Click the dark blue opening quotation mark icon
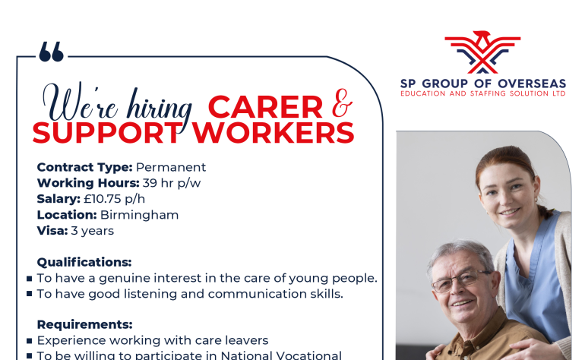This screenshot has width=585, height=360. pyautogui.click(x=52, y=52)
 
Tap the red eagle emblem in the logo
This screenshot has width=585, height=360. pyautogui.click(x=482, y=52)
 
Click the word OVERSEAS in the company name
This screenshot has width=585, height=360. pyautogui.click(x=532, y=84)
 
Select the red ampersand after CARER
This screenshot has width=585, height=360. pyautogui.click(x=342, y=103)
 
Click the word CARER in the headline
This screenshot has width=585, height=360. pyautogui.click(x=265, y=107)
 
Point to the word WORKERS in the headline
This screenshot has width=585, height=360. pyautogui.click(x=273, y=133)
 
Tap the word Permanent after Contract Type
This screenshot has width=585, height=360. pyautogui.click(x=171, y=167)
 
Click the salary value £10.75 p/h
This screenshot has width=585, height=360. pyautogui.click(x=114, y=199)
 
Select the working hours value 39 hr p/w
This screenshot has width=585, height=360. pyautogui.click(x=172, y=183)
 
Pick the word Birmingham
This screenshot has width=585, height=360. pyautogui.click(x=140, y=215)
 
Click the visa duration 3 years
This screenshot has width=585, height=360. pyautogui.click(x=93, y=231)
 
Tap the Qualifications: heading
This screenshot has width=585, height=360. pyautogui.click(x=84, y=262)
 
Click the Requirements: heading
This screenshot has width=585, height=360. pyautogui.click(x=84, y=324)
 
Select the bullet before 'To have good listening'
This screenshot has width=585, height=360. pyautogui.click(x=30, y=294)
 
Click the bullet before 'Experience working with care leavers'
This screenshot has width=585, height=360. pyautogui.click(x=30, y=340)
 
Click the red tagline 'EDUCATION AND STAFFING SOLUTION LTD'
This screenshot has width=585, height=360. pyautogui.click(x=483, y=93)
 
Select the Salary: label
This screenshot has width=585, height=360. pyautogui.click(x=58, y=199)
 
